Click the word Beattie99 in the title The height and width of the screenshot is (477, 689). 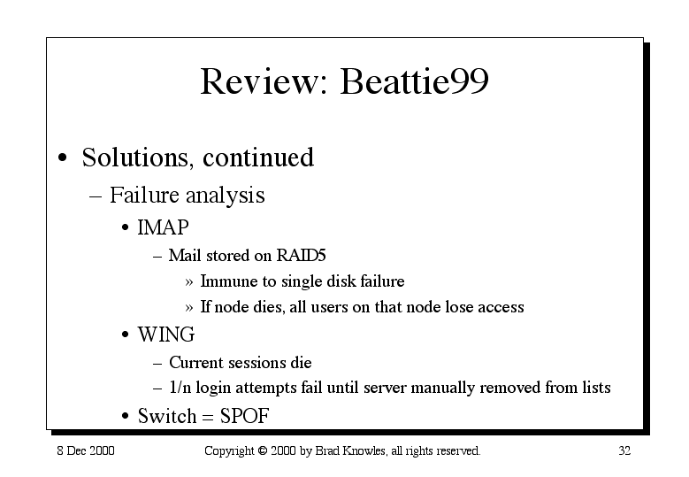tap(414, 81)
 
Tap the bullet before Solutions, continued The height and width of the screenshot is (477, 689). tap(63, 158)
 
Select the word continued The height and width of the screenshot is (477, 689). tap(258, 157)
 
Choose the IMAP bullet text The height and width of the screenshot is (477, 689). tap(163, 227)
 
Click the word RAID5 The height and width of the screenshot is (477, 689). tap(301, 256)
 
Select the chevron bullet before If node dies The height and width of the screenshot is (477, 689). tap(189, 308)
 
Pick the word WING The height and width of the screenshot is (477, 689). tap(166, 335)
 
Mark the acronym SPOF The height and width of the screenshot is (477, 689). tap(244, 416)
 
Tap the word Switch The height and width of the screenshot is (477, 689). tap(167, 416)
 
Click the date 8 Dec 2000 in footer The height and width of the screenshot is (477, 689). tap(86, 450)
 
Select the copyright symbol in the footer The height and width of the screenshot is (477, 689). tap(263, 450)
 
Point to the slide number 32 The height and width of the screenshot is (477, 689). tap(624, 450)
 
